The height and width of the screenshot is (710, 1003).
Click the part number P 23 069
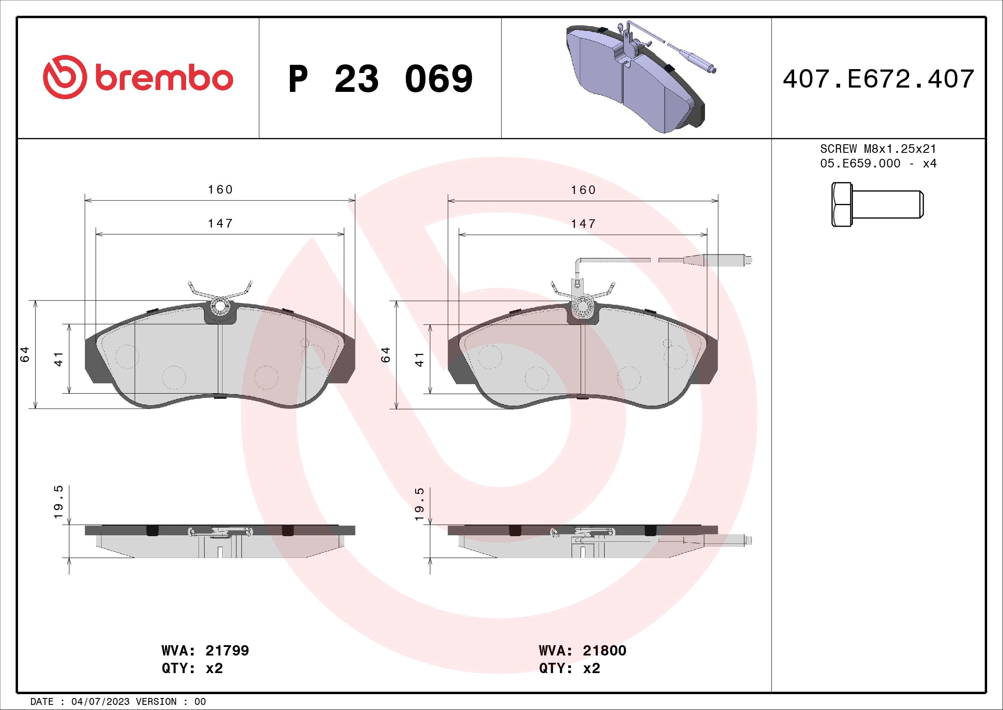pyautogui.click(x=380, y=79)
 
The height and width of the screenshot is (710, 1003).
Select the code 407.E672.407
pyautogui.click(x=878, y=79)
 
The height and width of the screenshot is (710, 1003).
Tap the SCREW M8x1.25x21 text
pyautogui.click(x=878, y=149)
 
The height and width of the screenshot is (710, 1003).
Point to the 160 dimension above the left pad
pyautogui.click(x=220, y=189)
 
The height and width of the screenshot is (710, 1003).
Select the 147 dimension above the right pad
pyautogui.click(x=583, y=224)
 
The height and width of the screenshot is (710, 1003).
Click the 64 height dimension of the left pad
pyautogui.click(x=25, y=354)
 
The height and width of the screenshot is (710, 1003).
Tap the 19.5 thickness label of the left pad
pyautogui.click(x=59, y=502)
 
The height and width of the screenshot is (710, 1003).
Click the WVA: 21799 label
pyautogui.click(x=205, y=650)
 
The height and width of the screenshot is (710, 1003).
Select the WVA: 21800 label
pyautogui.click(x=582, y=650)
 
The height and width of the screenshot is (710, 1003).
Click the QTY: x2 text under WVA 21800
pyautogui.click(x=569, y=668)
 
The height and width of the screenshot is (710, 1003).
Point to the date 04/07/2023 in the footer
pyautogui.click(x=100, y=702)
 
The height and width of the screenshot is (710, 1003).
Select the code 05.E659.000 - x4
pyautogui.click(x=878, y=164)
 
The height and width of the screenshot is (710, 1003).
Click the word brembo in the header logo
pyautogui.click(x=162, y=79)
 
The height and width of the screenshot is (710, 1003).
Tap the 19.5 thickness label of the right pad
pyautogui.click(x=419, y=504)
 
